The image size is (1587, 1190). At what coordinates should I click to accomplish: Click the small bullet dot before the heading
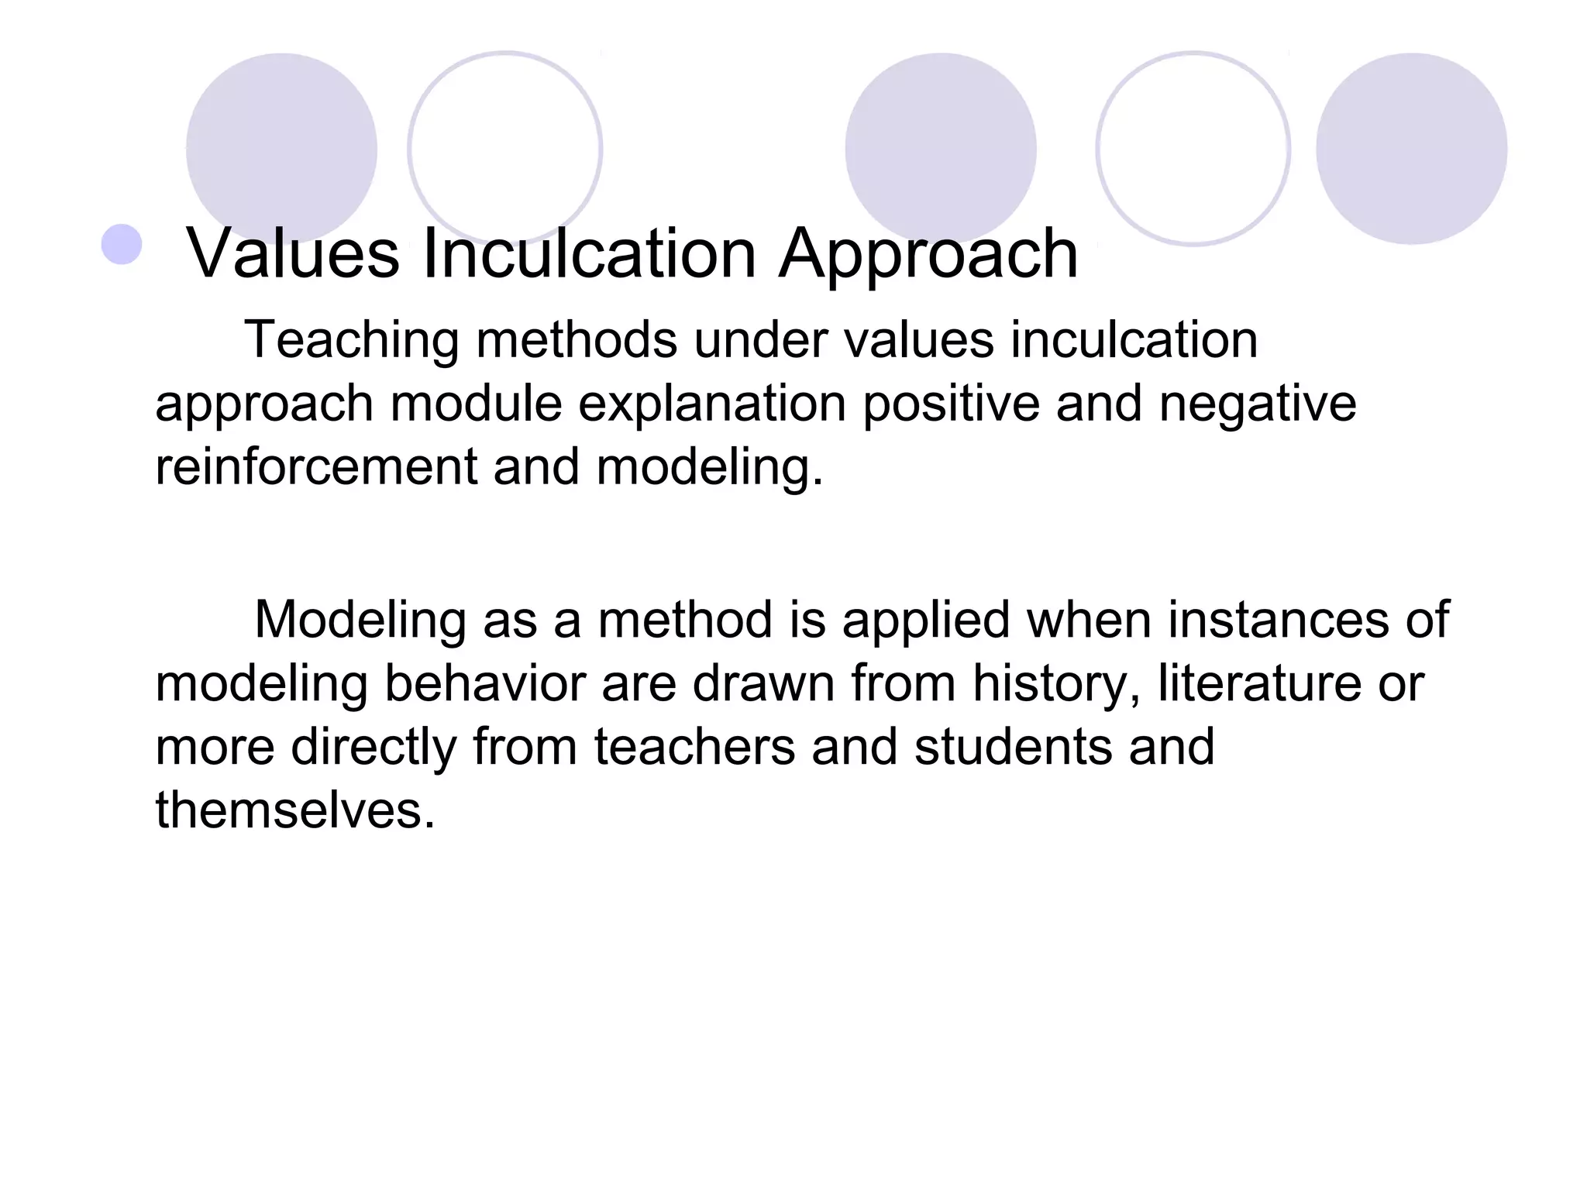(122, 244)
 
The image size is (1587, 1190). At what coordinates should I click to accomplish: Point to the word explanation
(712, 404)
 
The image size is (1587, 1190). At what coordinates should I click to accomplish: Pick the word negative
(1257, 404)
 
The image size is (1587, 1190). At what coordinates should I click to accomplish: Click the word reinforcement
(316, 467)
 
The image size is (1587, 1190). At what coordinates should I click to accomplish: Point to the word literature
(1258, 683)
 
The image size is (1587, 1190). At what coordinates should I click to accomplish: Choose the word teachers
(695, 747)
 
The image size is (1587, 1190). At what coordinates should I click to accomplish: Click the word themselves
(295, 810)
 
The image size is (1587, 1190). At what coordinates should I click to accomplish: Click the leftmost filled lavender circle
(281, 147)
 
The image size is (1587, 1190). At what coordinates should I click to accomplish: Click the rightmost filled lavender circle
(1411, 147)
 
